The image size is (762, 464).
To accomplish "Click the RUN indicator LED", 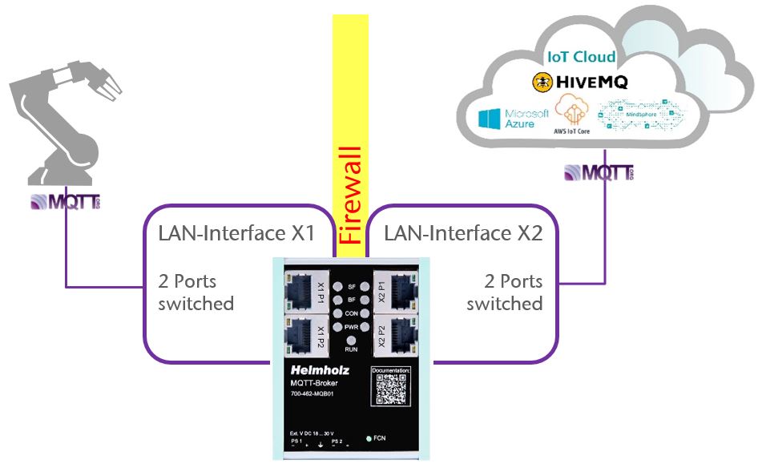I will tap(350, 341).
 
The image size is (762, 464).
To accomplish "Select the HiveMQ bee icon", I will tap(542, 81).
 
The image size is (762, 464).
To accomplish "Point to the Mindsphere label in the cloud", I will tap(641, 115).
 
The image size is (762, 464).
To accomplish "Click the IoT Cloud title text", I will tap(581, 57).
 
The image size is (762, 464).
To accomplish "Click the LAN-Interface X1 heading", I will tap(233, 234).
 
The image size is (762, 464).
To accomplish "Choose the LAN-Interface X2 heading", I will tap(462, 234).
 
